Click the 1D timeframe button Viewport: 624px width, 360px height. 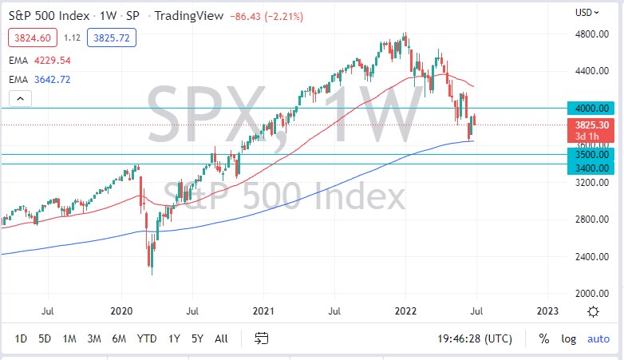click(x=21, y=338)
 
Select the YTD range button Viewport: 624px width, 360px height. click(x=146, y=338)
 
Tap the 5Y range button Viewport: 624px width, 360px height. click(x=197, y=338)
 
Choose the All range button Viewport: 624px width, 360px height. click(x=222, y=338)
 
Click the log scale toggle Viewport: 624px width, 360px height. click(x=568, y=338)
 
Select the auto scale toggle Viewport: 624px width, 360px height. click(x=598, y=338)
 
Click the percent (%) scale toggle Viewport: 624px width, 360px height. click(x=543, y=338)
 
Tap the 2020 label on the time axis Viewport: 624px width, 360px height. click(x=120, y=311)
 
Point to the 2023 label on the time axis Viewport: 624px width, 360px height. click(x=547, y=311)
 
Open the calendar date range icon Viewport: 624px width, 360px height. click(x=261, y=338)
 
